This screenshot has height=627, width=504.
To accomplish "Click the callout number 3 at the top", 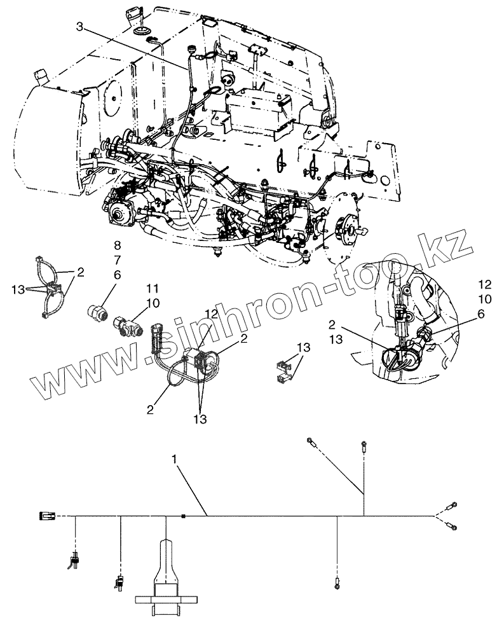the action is (79, 26).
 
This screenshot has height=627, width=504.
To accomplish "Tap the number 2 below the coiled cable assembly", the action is (150, 409).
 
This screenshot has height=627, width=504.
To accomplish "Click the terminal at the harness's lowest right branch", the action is (336, 580).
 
